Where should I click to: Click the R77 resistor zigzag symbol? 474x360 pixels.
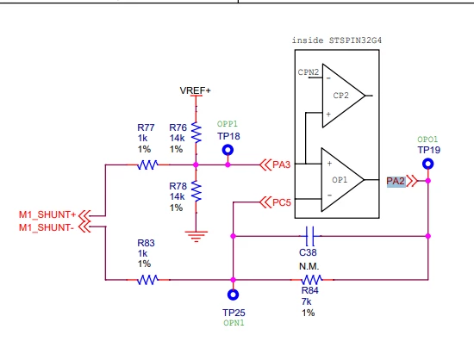pyautogui.click(x=147, y=164)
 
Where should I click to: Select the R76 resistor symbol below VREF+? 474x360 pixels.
pyautogui.click(x=196, y=133)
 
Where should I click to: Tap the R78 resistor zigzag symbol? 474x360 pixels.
pyautogui.click(x=196, y=191)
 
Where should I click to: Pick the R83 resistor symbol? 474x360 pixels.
pyautogui.click(x=147, y=280)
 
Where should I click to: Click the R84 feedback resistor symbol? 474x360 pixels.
pyautogui.click(x=312, y=280)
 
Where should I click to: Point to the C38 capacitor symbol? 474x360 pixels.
pyautogui.click(x=310, y=236)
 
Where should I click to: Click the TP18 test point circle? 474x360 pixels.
pyautogui.click(x=228, y=150)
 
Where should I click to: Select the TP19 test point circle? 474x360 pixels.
pyautogui.click(x=427, y=164)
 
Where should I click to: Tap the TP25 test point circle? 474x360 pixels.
pyautogui.click(x=233, y=295)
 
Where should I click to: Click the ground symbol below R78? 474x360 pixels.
pyautogui.click(x=196, y=236)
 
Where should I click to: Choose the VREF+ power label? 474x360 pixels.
pyautogui.click(x=196, y=90)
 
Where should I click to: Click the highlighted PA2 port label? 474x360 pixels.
pyautogui.click(x=396, y=181)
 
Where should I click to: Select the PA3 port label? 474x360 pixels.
pyautogui.click(x=282, y=164)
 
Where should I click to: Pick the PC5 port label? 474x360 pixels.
pyautogui.click(x=282, y=202)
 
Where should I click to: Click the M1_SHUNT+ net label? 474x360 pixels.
pyautogui.click(x=47, y=214)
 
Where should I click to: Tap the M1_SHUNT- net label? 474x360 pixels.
pyautogui.click(x=47, y=227)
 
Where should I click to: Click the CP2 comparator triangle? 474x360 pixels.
pyautogui.click(x=344, y=96)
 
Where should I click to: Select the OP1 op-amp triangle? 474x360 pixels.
pyautogui.click(x=342, y=180)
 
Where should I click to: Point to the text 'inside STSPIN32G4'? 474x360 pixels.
pyautogui.click(x=337, y=40)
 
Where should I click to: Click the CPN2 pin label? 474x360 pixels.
pyautogui.click(x=309, y=72)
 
